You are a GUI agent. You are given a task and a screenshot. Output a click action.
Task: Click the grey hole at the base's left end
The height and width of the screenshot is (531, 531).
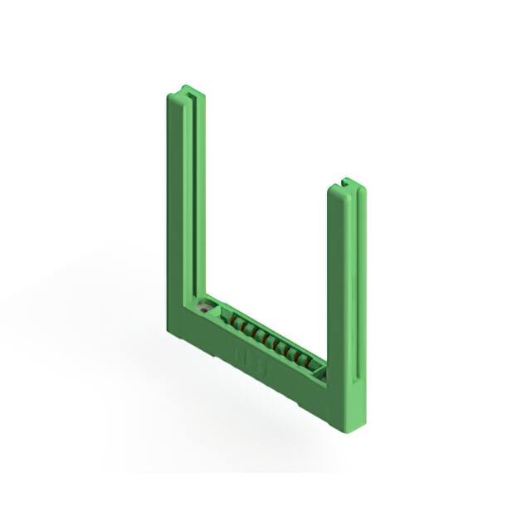coord(204,308)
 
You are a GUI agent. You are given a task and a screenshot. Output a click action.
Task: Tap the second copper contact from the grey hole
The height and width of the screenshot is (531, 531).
coord(245,325)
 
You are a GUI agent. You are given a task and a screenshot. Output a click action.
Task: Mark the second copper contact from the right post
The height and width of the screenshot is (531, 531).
coord(295,354)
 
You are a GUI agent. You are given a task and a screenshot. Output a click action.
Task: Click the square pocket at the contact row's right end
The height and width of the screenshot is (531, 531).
coord(319,372)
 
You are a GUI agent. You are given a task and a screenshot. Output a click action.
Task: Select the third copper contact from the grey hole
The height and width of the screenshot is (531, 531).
coord(255,331)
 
